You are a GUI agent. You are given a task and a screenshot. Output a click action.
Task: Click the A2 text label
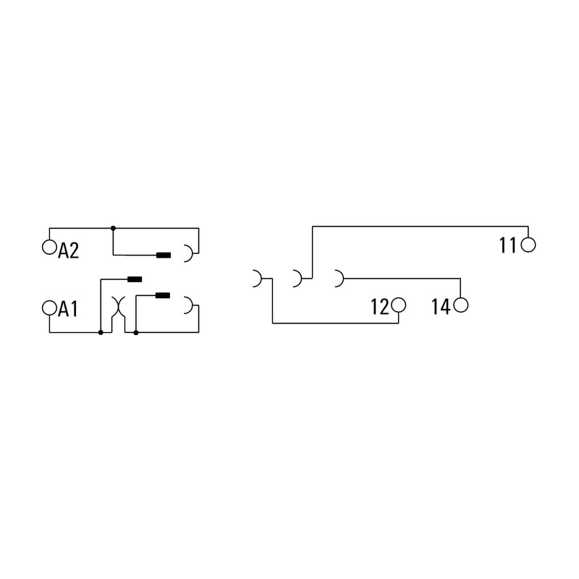click(68, 250)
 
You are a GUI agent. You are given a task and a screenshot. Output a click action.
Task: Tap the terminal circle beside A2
click(49, 247)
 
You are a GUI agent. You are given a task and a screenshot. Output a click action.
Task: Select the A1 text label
click(68, 309)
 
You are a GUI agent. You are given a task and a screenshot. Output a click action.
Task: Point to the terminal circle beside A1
click(49, 308)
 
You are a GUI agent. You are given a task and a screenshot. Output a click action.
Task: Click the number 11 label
click(508, 245)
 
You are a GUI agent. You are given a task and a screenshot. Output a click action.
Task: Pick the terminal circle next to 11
click(528, 245)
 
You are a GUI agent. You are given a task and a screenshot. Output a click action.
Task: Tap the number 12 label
click(379, 307)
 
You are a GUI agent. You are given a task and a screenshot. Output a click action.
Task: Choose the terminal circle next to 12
click(399, 305)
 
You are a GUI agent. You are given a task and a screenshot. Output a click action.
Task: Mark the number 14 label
click(441, 307)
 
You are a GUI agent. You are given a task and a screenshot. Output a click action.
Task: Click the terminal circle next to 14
click(461, 305)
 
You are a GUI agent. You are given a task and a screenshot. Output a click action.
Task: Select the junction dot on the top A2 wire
click(113, 228)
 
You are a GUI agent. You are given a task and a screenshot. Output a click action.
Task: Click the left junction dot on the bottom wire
click(101, 332)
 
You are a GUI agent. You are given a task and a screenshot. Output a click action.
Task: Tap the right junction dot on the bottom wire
click(136, 332)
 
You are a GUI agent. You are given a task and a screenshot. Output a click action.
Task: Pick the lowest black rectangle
click(163, 295)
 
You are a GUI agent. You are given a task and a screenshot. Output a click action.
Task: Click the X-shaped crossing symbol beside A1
click(119, 306)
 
